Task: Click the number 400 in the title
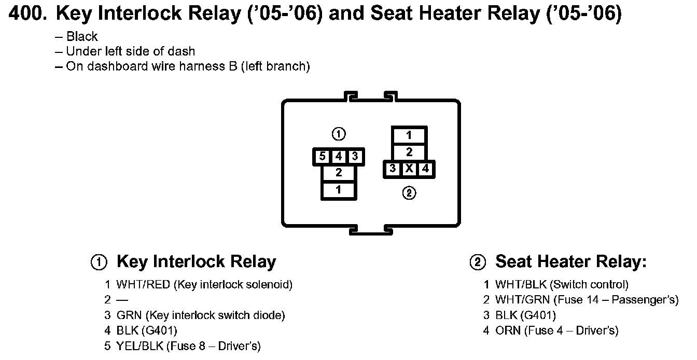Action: pos(28,13)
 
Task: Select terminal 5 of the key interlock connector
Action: pos(322,156)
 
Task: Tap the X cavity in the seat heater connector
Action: pos(409,169)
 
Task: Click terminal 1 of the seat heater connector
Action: pos(409,135)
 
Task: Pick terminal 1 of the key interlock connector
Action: pos(339,189)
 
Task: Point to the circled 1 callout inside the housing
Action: pos(339,134)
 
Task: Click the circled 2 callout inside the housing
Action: pos(409,193)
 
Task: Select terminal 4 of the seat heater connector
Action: pos(425,169)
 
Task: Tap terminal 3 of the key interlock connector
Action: pos(355,156)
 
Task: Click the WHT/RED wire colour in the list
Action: pos(143,284)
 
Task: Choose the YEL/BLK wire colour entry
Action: pos(140,345)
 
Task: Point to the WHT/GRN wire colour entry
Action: pos(522,300)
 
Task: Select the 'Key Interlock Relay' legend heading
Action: pos(197,261)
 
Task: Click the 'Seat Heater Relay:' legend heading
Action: pos(571,261)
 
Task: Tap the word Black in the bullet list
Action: pos(82,36)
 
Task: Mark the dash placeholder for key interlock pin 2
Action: pos(122,300)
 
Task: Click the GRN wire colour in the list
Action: pos(129,315)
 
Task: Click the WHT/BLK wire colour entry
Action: pos(521,284)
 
